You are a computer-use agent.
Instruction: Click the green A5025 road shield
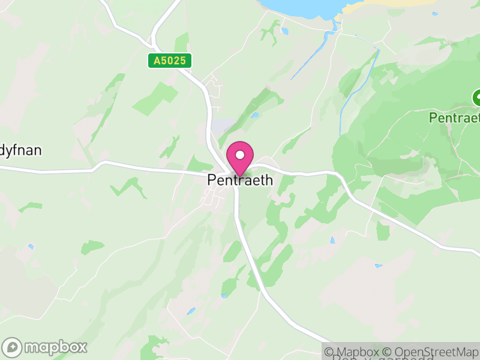click(170, 61)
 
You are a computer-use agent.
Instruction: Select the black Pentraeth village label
click(240, 180)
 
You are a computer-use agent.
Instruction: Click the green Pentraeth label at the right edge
click(455, 118)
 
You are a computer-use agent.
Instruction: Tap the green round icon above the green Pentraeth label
click(477, 97)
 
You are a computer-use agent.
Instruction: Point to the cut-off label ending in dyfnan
click(21, 150)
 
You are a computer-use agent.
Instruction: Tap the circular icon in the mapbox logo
click(12, 347)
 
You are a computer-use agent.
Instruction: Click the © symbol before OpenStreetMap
click(388, 352)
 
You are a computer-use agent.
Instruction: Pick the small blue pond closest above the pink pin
click(256, 115)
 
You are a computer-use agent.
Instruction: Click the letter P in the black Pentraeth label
click(211, 180)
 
